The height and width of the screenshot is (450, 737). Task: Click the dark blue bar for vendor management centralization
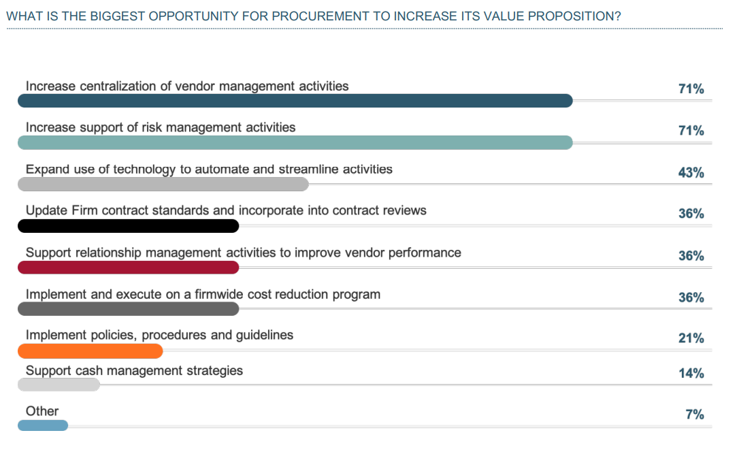coord(295,101)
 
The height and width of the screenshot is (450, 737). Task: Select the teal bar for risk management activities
coord(295,142)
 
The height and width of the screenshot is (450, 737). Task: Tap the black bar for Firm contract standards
coord(128,226)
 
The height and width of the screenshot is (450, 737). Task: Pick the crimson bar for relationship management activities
coord(128,268)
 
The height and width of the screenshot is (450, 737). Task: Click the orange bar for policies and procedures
coord(90,351)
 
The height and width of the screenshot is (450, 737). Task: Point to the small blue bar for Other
coord(43,425)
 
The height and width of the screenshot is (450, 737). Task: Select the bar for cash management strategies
coord(59,385)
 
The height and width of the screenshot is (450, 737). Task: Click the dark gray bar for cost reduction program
coord(128,309)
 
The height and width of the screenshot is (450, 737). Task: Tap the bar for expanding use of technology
coord(163,184)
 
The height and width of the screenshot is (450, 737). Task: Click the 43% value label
coord(691,173)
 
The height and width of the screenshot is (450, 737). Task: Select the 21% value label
coord(691,338)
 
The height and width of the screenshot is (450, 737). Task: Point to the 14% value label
coord(691,373)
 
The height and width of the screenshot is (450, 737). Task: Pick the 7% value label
coord(694,415)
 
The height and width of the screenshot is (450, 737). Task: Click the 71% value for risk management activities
coord(691,131)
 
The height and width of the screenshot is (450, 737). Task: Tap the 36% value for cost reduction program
coord(691,298)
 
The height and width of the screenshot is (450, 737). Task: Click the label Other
coord(42,411)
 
